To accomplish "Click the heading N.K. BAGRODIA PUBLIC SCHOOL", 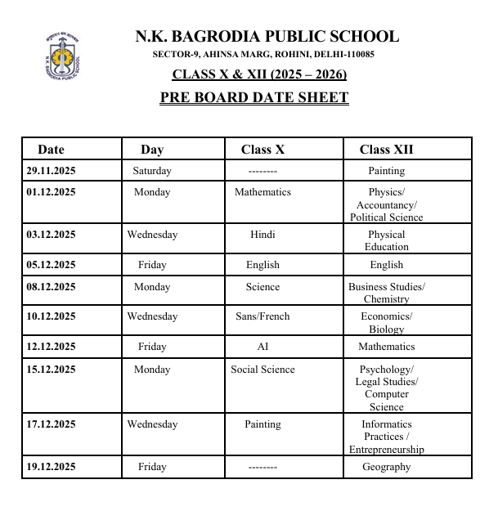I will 267,37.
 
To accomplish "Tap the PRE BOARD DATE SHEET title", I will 254,98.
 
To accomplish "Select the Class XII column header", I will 386,150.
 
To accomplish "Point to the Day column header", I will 152,150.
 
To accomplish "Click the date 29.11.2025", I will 51,171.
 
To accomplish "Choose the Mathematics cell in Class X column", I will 262,192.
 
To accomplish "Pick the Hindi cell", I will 262,235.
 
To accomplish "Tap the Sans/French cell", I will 262,316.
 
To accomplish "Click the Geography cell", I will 386,467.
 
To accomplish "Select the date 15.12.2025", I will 51,370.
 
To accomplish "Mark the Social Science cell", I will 262,370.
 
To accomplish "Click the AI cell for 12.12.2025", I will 262,347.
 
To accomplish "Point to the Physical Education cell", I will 386,240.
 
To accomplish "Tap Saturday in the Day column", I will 152,171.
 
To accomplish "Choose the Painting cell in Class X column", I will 262,424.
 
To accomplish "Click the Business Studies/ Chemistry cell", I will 386,293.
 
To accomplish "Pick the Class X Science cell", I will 262,287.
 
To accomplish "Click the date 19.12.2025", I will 51,467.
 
